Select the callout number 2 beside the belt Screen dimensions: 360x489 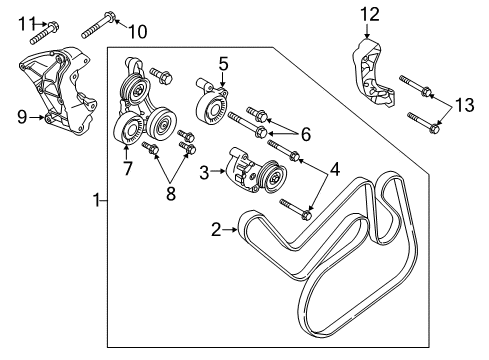tap(214, 229)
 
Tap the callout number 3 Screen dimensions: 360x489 tap(204, 172)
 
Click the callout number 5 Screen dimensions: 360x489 tap(224, 64)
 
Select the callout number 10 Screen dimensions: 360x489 tap(137, 30)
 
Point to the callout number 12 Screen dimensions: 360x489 tap(370, 14)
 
